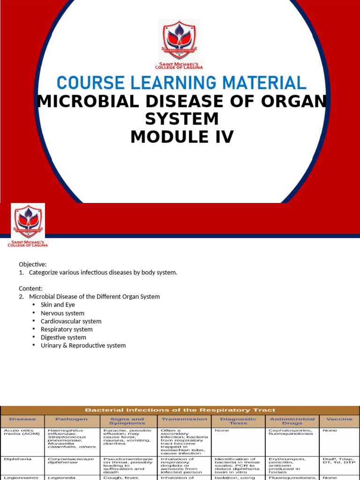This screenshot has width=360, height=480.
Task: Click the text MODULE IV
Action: coord(182,137)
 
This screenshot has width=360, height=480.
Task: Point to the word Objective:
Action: coord(33,264)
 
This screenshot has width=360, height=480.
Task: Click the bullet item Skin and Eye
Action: coord(58,305)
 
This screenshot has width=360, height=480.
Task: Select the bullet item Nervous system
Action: coord(62,313)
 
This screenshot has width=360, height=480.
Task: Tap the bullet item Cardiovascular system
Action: coord(71,321)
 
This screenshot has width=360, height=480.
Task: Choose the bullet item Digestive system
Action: coord(63,337)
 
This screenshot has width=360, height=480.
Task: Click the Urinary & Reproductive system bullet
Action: coord(83,345)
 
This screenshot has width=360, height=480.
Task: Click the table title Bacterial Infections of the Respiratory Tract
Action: coord(180,410)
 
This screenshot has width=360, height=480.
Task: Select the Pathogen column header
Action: coord(71,419)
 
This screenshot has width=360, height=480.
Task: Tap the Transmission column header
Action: coord(184,419)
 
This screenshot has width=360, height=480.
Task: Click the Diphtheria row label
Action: coord(17,459)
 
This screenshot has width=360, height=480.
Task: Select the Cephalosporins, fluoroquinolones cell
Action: coord(291,432)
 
